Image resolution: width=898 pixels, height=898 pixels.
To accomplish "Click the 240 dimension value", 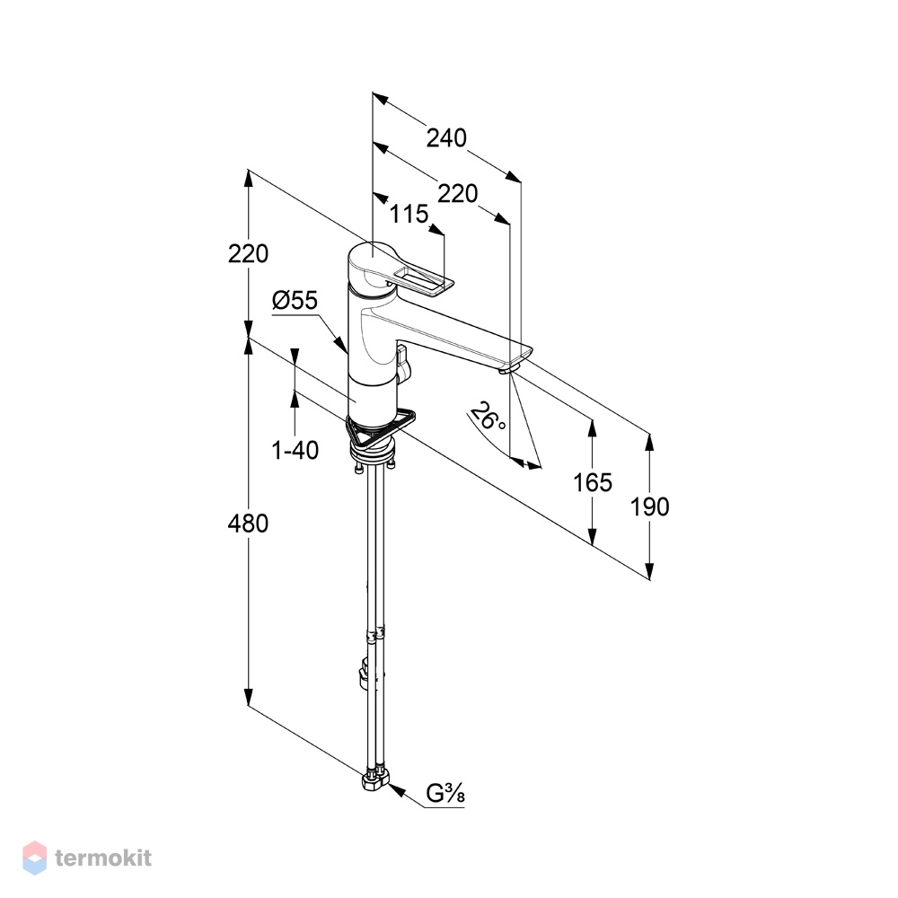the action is pos(446,138).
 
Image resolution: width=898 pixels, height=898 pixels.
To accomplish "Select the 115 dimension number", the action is pos(409,215).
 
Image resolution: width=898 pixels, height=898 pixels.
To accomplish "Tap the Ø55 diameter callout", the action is pos(295,300).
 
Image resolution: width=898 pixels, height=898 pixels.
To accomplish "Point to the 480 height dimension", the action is pos(248,524).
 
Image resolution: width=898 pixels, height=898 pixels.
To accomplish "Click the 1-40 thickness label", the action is pos(295,451).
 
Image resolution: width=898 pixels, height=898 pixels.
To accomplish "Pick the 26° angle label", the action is pos(488,416).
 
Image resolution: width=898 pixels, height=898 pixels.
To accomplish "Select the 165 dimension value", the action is pos(593,483).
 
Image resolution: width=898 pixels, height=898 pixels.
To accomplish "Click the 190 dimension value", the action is pos(649,506).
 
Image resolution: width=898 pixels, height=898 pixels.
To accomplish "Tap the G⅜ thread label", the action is pos(445,794).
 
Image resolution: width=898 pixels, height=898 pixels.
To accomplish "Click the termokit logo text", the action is pos(103,858).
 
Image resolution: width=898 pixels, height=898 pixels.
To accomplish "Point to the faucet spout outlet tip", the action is pos(506,371).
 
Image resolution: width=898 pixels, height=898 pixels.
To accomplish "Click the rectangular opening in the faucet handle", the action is pos(423,281).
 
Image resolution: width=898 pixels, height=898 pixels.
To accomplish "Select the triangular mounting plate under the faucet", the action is pos(382,429).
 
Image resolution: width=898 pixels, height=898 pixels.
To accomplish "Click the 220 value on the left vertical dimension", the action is pos(248,254).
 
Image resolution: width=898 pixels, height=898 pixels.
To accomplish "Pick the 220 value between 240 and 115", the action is pos(458,194).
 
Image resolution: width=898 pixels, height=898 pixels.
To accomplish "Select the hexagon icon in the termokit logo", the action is pos(34,858).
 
